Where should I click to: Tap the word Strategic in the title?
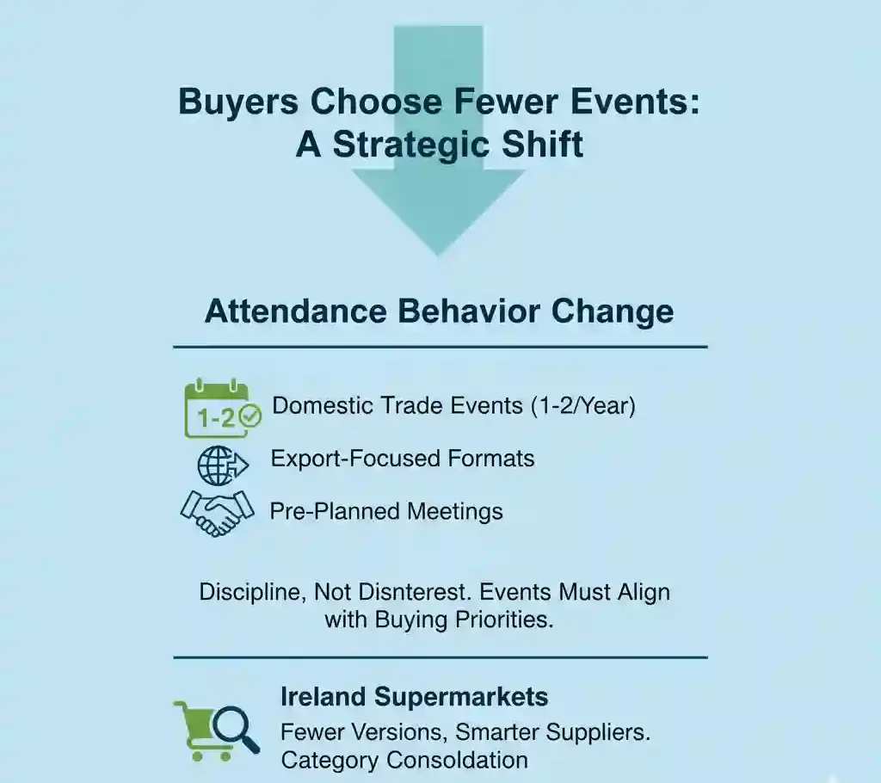point(412,144)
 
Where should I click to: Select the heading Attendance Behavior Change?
point(439,311)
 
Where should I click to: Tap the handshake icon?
point(217,512)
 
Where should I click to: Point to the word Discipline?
point(250,592)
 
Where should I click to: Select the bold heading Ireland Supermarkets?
point(415,696)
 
